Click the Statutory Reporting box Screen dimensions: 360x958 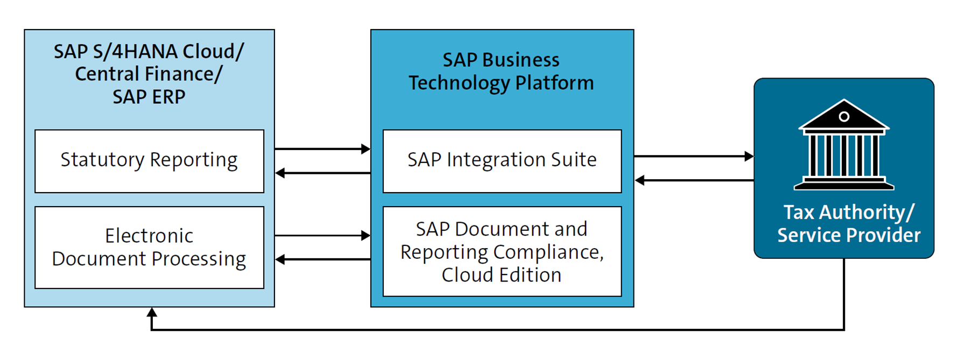149,160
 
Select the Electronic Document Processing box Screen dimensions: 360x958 149,248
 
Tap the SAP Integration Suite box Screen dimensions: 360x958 502,160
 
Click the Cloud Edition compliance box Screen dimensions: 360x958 502,251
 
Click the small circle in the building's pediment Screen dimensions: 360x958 844,117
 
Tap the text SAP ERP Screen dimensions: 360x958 149,97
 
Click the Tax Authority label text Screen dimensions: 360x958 848,212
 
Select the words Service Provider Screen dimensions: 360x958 849,235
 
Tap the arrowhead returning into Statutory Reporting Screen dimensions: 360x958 280,173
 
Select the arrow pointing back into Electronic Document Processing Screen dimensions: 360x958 280,259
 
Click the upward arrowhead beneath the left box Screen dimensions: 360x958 152,312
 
